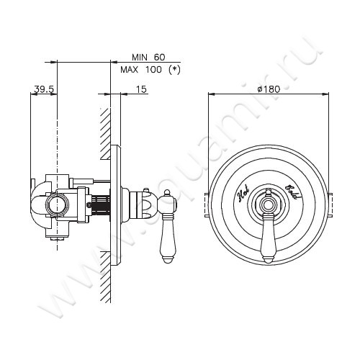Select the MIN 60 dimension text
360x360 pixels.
[x=149, y=56]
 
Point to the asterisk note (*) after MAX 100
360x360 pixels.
[x=174, y=69]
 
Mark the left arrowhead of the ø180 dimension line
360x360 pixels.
[x=210, y=94]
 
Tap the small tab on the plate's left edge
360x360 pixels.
[x=208, y=204]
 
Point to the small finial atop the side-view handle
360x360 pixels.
[x=168, y=194]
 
